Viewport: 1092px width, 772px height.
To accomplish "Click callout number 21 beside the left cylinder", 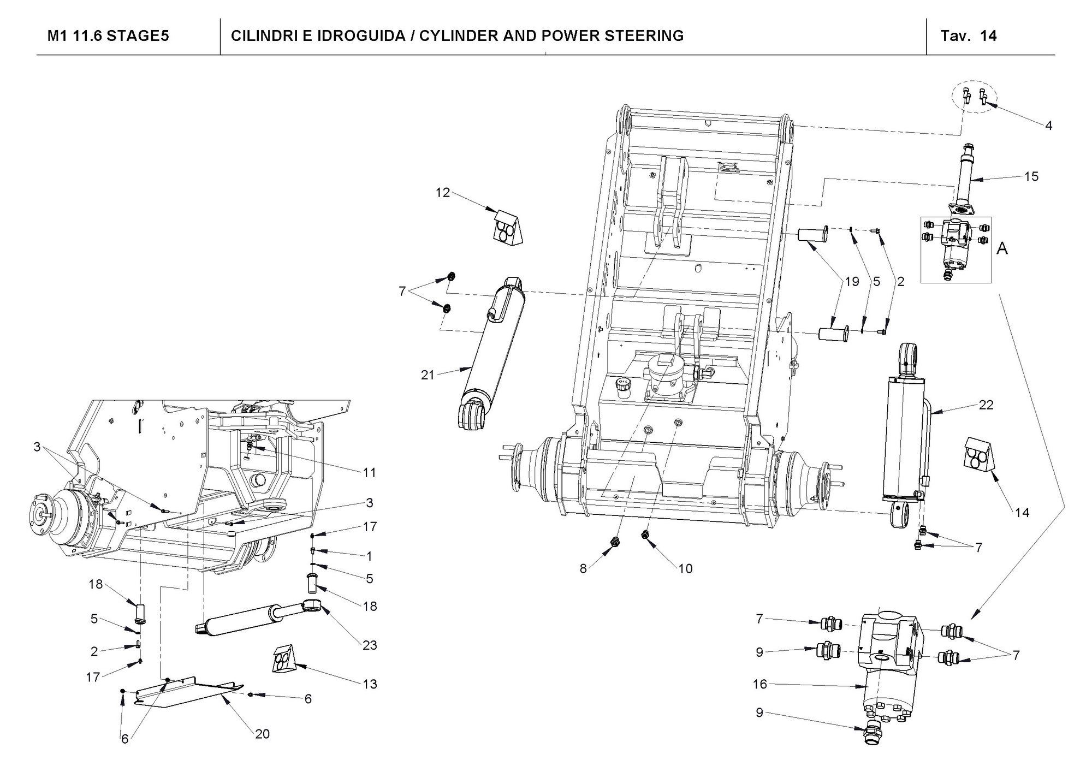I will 428,375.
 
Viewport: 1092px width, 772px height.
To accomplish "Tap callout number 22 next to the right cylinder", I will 986,405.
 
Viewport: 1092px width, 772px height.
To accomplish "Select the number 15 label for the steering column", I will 1031,177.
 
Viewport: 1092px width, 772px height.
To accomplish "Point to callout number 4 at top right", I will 1048,126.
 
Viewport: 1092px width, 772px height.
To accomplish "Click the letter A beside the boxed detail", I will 1002,249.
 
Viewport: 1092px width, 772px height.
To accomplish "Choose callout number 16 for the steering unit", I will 760,684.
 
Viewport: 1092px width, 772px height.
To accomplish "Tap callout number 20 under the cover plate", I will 263,734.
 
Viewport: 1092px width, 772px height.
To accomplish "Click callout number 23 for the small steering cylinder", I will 370,645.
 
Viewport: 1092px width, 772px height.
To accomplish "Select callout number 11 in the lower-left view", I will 370,472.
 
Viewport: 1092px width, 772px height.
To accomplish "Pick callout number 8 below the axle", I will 583,568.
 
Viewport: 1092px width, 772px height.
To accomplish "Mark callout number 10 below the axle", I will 685,568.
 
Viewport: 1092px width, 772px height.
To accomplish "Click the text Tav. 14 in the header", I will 969,36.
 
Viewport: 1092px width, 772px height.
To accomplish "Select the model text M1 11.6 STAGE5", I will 108,36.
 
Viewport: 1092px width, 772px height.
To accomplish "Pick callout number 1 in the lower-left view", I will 370,556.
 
